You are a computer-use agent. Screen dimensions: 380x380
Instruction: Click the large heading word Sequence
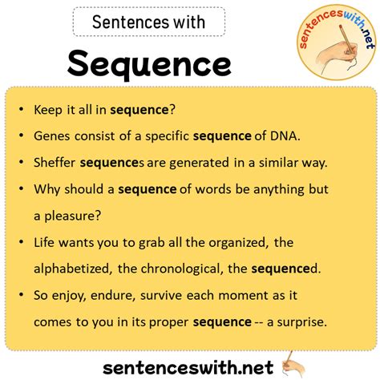tap(150, 63)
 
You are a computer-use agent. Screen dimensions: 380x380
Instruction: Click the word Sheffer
tap(55, 162)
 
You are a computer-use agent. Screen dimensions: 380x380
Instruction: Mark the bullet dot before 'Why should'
tap(22, 190)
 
